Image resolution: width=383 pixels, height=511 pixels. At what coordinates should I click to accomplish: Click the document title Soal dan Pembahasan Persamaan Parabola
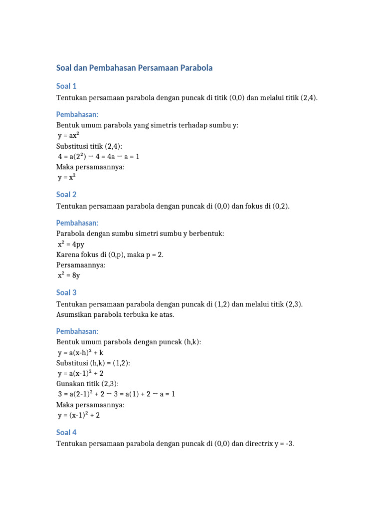pos(134,68)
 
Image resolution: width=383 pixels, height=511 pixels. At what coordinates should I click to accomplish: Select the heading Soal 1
pos(66,86)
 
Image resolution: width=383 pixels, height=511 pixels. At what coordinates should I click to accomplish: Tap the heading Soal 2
pos(66,195)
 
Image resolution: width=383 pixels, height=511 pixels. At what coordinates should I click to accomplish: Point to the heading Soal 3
pos(66,292)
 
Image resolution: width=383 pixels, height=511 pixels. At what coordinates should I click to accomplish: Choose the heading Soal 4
pos(66,432)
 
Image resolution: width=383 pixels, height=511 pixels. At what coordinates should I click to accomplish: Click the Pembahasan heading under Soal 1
pos(77,114)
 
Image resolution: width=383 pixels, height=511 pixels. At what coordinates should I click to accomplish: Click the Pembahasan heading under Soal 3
pos(77,331)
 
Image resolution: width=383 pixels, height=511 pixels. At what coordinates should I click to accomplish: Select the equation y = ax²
pos(69,136)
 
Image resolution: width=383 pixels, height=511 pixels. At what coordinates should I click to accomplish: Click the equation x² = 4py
pos(71,244)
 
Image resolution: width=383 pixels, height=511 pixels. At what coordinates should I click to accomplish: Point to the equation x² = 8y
pos(69,275)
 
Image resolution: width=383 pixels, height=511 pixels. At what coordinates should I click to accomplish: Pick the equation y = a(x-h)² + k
pos(81,352)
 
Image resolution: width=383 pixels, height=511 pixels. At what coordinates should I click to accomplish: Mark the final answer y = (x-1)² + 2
pos(79,415)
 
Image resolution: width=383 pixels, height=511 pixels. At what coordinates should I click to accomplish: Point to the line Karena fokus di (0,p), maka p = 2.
pos(110,255)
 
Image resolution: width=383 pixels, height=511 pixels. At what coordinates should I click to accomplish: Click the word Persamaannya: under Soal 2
pos(81,265)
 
